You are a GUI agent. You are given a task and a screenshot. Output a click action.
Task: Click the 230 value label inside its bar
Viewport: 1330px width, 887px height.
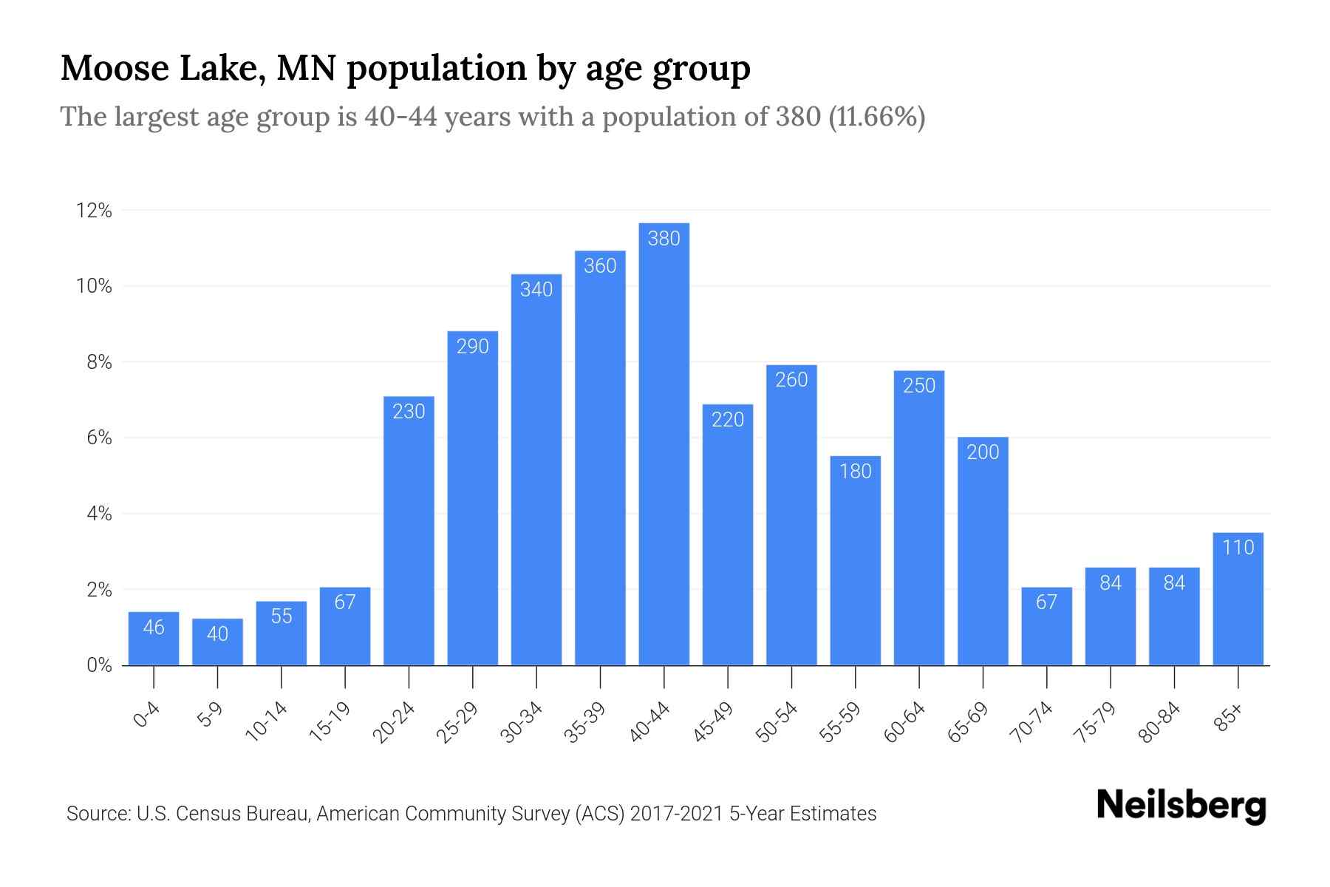click(409, 411)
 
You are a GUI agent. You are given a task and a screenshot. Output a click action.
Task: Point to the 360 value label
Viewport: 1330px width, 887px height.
click(600, 265)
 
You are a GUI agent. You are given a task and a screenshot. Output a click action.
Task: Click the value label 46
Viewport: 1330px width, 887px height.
click(154, 628)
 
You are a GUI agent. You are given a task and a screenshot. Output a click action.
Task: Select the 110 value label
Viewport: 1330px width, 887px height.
click(1238, 547)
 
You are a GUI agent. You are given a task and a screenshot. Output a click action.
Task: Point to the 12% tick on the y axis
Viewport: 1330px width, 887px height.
click(94, 211)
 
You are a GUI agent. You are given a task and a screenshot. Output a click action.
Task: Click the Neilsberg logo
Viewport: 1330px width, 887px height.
click(1181, 805)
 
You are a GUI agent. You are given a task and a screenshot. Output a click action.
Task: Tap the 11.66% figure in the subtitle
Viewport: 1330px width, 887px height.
click(877, 117)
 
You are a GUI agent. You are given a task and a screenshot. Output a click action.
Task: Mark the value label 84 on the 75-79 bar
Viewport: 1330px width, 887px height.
click(1111, 583)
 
